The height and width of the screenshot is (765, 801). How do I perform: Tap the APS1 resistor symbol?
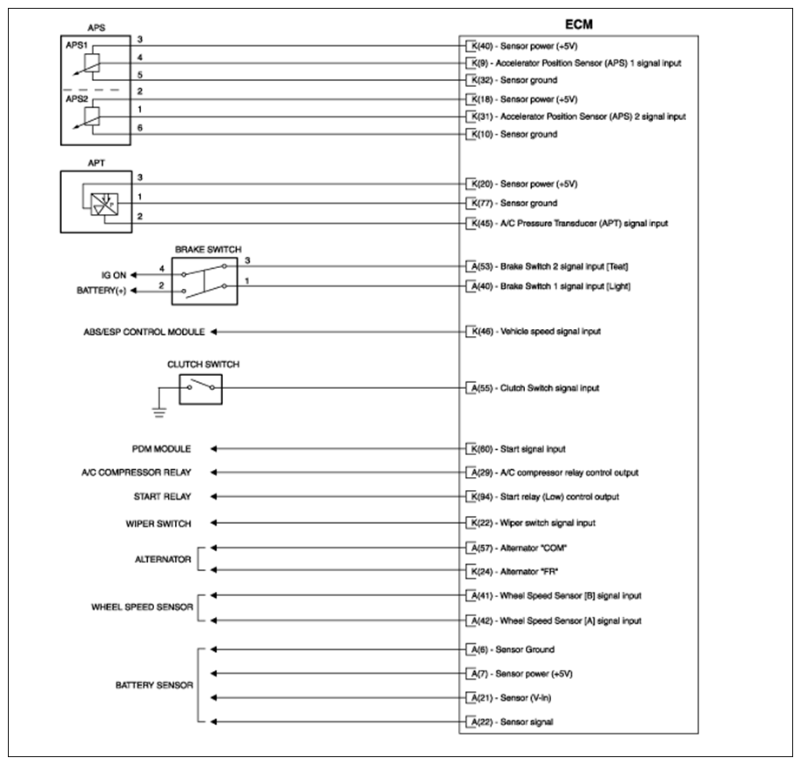[93, 63]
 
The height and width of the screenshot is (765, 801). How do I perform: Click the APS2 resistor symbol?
[93, 116]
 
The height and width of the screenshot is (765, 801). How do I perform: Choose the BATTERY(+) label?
[102, 292]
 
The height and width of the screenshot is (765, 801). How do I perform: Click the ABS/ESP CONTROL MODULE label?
[144, 332]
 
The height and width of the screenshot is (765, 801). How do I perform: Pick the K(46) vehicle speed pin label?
[480, 332]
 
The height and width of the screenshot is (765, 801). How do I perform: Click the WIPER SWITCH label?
[158, 523]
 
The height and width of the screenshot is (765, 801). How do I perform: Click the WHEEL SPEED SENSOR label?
[143, 607]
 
